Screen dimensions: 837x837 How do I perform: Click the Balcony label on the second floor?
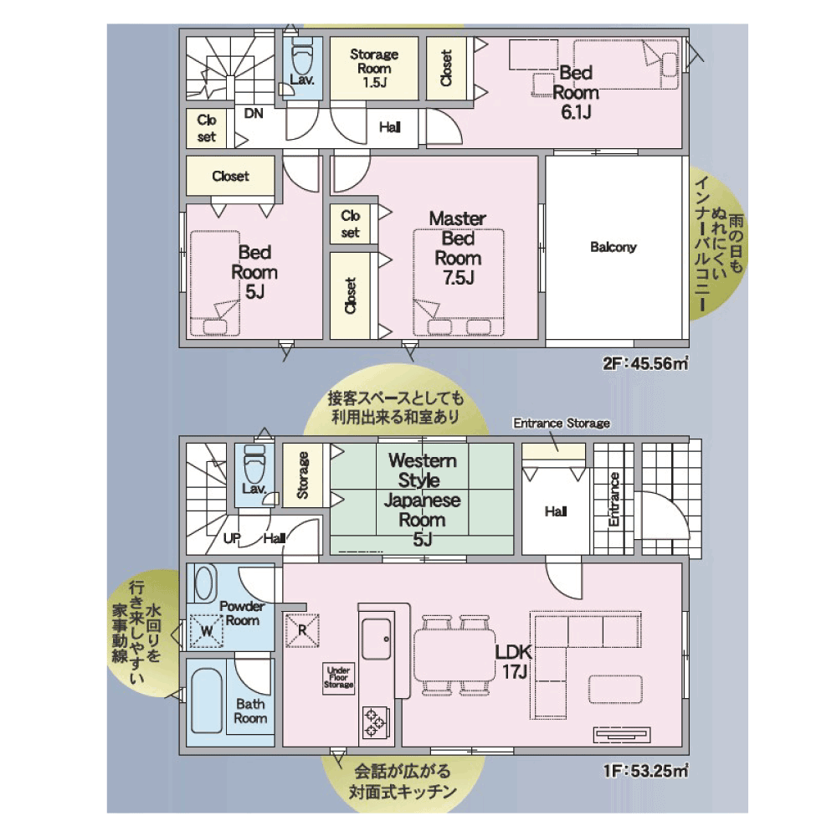click(614, 247)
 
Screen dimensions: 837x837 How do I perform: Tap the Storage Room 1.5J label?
click(374, 69)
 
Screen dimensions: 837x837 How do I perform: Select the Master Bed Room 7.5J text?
click(458, 249)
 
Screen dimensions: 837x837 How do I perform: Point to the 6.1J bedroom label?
click(576, 92)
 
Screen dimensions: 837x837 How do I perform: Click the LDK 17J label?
click(514, 662)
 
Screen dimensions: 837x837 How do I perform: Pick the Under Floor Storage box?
click(339, 678)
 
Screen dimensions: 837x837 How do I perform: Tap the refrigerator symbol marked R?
click(302, 630)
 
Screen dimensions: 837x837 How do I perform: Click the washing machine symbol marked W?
click(206, 631)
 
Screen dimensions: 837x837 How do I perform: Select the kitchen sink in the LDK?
click(377, 639)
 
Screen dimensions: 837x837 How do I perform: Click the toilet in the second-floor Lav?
click(303, 57)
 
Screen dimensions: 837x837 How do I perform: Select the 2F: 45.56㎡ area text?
click(645, 363)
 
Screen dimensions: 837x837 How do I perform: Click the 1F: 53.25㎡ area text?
click(645, 771)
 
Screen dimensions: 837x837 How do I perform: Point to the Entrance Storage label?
click(562, 424)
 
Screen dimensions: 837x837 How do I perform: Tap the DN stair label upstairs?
click(254, 113)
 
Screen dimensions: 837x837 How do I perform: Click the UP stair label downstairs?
click(232, 538)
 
